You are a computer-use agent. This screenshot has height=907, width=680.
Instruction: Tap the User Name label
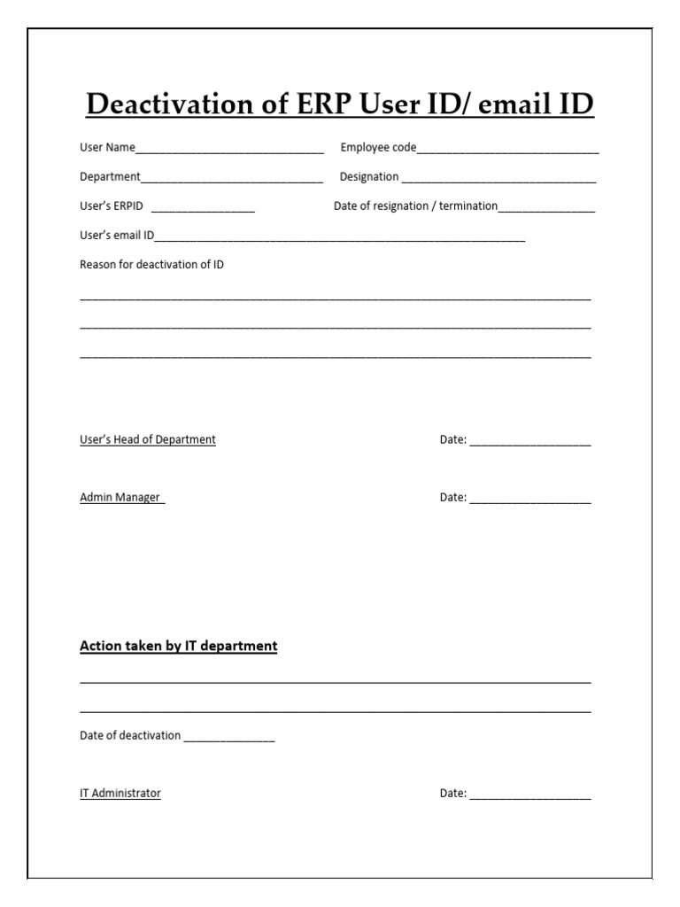click(107, 147)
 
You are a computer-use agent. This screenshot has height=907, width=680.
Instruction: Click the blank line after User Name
click(229, 151)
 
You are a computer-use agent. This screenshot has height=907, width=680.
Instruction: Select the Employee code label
click(378, 147)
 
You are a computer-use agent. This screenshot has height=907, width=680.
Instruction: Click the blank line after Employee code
click(507, 151)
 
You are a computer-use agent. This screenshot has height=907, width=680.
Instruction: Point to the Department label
click(110, 176)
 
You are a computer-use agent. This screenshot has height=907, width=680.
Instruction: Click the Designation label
click(369, 176)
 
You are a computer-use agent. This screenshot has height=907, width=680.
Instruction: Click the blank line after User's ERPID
click(203, 210)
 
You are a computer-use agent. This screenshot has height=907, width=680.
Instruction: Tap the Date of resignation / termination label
click(415, 206)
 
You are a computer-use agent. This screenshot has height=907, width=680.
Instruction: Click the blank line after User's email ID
click(340, 239)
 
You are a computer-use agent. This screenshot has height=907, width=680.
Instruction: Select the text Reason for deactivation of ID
click(151, 264)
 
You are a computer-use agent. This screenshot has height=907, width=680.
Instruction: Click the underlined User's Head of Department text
click(148, 439)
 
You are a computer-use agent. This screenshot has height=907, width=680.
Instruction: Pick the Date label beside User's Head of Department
click(452, 439)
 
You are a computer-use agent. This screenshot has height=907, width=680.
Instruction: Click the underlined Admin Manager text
click(120, 497)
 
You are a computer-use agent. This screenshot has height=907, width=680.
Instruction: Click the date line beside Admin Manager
click(529, 500)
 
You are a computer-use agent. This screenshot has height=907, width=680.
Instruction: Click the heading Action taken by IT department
click(178, 646)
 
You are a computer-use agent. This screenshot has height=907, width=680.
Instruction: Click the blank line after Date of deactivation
click(229, 739)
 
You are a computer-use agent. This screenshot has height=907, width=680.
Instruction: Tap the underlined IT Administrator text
click(120, 793)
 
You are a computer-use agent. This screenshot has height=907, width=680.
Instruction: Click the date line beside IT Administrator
click(529, 796)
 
